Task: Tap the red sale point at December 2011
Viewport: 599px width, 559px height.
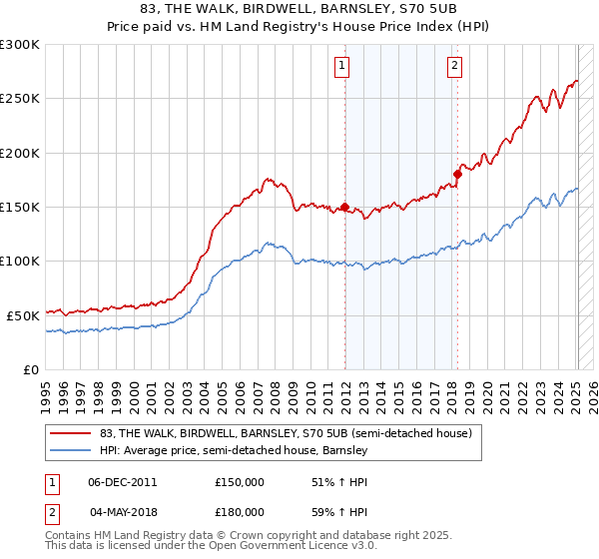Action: click(x=345, y=208)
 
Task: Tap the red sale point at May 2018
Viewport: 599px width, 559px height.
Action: click(x=457, y=174)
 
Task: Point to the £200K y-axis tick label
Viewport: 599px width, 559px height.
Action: click(x=20, y=154)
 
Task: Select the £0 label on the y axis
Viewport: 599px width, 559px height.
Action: click(x=30, y=369)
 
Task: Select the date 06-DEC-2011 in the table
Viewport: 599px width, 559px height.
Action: click(x=123, y=481)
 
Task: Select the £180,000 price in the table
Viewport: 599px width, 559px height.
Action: click(x=240, y=513)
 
